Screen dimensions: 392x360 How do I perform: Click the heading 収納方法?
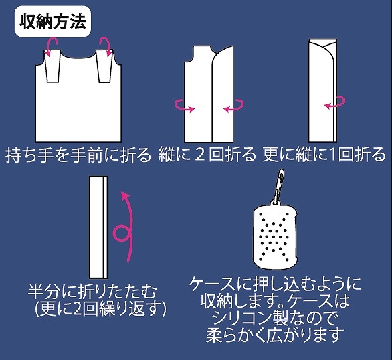click(x=53, y=22)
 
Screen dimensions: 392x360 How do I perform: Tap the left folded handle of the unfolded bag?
click(x=52, y=66)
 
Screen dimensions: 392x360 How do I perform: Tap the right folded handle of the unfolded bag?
click(x=105, y=66)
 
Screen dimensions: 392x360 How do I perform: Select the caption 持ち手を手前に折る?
click(x=78, y=155)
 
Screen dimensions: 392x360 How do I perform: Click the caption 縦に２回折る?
click(x=207, y=154)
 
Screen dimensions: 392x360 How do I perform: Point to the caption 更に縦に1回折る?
click(x=324, y=154)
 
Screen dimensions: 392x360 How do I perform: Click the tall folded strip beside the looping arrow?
click(x=98, y=228)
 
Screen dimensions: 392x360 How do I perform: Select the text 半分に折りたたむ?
click(x=92, y=292)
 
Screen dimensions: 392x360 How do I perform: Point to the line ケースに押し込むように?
click(x=275, y=284)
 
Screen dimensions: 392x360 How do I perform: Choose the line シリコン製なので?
click(x=275, y=318)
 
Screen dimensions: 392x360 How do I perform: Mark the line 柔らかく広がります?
click(x=275, y=335)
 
